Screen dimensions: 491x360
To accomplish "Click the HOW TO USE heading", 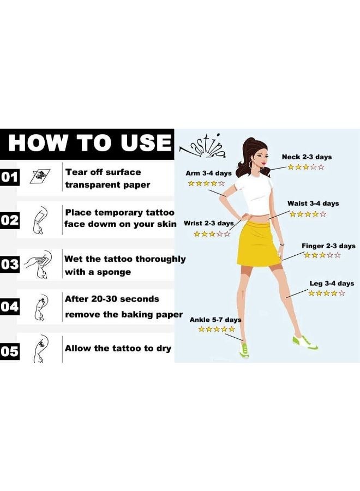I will [89, 143].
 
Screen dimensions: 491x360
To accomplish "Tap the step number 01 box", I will [10, 177].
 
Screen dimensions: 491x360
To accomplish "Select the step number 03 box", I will [10, 265].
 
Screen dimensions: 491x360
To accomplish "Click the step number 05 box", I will [10, 351].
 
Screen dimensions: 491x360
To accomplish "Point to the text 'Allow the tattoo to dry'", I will [118, 348].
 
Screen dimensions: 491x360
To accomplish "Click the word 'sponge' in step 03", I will [114, 272].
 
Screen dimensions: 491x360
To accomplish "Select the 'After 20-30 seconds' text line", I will [112, 299].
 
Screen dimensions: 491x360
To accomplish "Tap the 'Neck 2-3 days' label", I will [307, 157].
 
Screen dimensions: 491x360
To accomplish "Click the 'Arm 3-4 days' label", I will [208, 173].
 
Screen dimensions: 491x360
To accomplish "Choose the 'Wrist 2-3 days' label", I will [209, 223].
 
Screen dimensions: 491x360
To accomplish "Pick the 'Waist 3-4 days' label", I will [313, 203].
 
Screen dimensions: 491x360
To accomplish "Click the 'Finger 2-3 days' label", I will [328, 246].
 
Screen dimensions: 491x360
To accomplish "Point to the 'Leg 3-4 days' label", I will [332, 284].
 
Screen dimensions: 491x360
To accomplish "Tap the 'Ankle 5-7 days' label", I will [215, 320].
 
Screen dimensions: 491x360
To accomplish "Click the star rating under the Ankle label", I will [217, 329].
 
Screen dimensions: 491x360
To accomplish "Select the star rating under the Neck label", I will [306, 167].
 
